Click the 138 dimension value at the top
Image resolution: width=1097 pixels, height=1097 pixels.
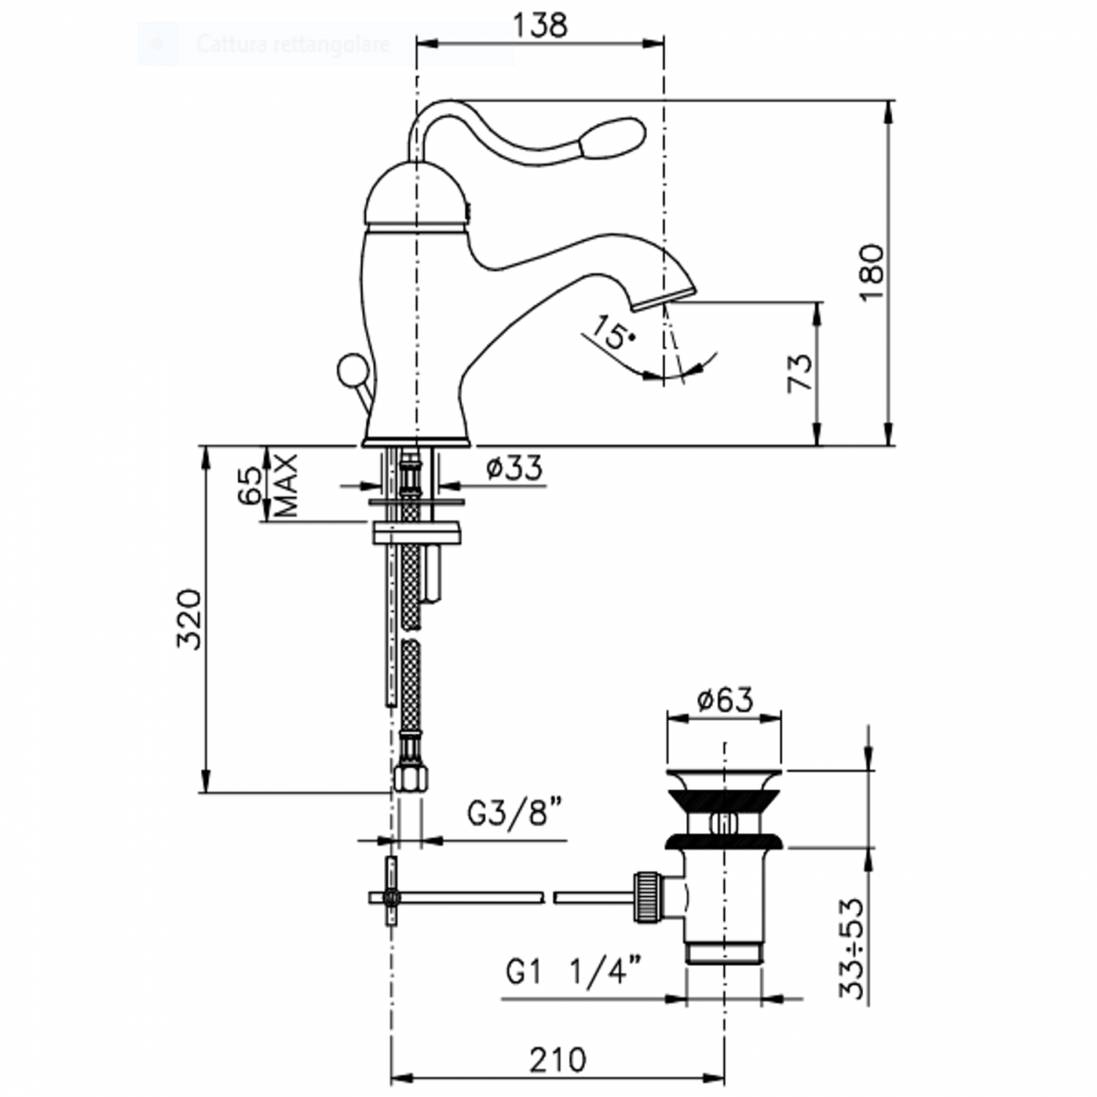[x=540, y=25]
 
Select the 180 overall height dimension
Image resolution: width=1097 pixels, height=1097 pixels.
[x=871, y=273]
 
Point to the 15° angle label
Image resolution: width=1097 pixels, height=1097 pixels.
[x=612, y=332]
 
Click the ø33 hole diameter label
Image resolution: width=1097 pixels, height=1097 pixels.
[x=514, y=467]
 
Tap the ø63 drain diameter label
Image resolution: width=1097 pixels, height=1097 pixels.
[x=724, y=700]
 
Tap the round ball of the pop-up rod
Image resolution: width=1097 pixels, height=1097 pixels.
[x=349, y=370]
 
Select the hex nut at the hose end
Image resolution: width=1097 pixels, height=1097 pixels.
[x=411, y=777]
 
